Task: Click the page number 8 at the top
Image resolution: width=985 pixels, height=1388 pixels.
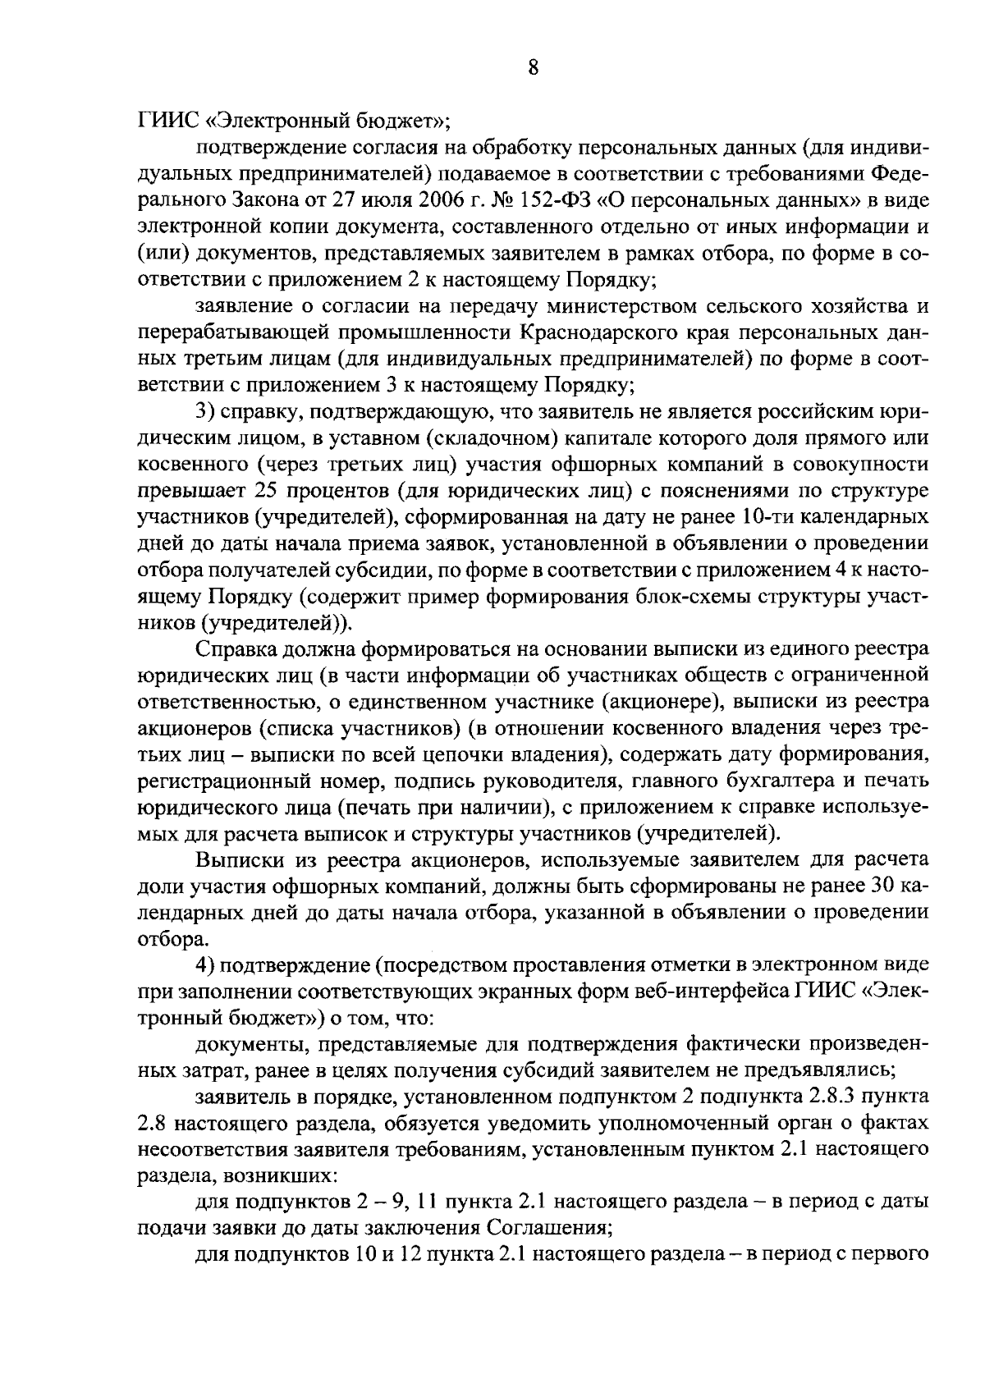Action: (533, 69)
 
